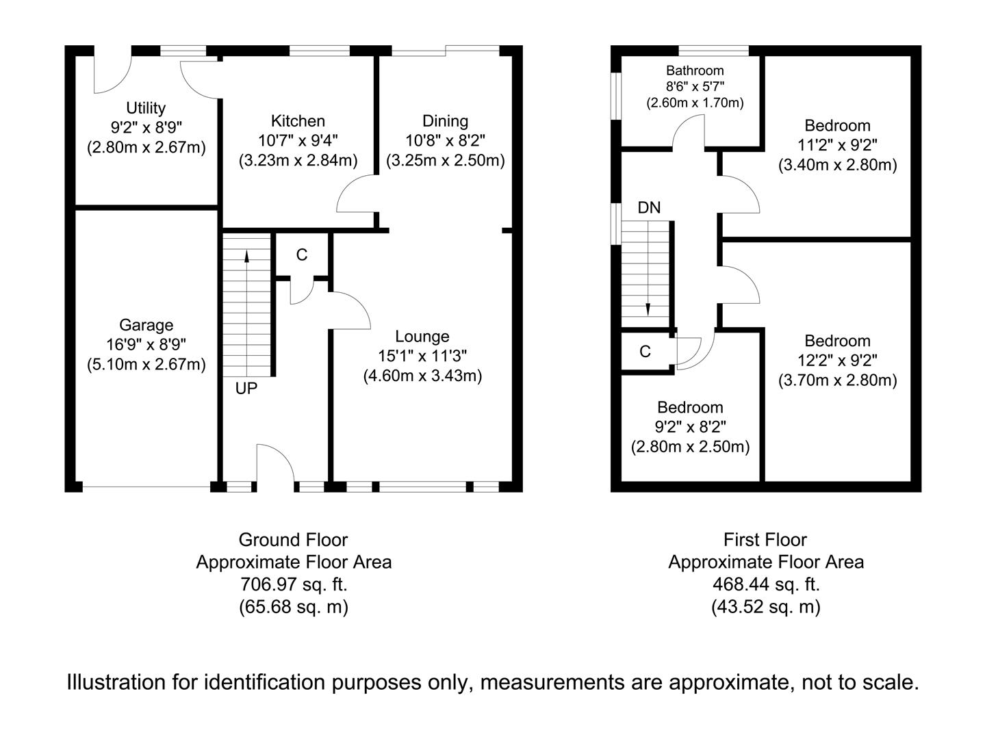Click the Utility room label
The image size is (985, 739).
[146, 108]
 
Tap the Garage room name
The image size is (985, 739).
[146, 325]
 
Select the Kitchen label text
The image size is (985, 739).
[298, 121]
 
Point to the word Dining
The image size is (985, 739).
[445, 121]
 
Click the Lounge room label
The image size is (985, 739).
[422, 337]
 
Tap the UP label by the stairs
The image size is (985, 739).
[246, 389]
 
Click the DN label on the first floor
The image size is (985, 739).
[649, 207]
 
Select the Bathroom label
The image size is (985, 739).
[695, 70]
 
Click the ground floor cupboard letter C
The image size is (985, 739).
[302, 255]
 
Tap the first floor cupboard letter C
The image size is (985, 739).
[645, 352]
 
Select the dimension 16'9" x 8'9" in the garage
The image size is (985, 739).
[146, 344]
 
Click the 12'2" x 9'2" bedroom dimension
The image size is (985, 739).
[837, 360]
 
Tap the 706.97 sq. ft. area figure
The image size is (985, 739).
[294, 584]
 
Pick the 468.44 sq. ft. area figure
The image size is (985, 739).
[765, 584]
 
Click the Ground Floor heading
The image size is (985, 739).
[293, 540]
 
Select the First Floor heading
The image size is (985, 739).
[765, 540]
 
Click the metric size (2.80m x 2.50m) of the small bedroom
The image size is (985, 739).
[690, 447]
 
